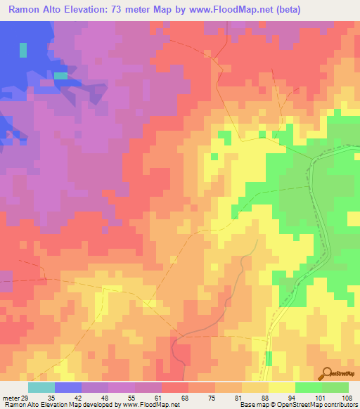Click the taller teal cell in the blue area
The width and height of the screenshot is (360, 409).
23,51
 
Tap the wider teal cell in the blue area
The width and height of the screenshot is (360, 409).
61,75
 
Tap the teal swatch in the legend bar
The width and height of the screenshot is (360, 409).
41,387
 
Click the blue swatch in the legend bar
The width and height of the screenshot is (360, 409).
68,387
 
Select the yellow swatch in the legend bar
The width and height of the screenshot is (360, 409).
282,387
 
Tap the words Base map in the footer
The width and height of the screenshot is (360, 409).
254,404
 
